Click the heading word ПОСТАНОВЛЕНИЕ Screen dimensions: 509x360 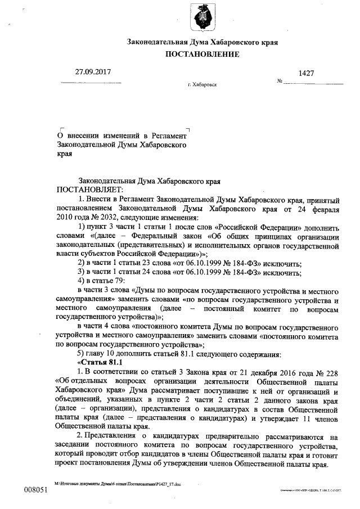202,55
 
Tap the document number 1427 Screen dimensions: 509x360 305,74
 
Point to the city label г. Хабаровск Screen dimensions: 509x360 202,85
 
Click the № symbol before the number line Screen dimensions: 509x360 280,82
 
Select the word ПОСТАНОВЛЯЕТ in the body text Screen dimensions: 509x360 84,191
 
